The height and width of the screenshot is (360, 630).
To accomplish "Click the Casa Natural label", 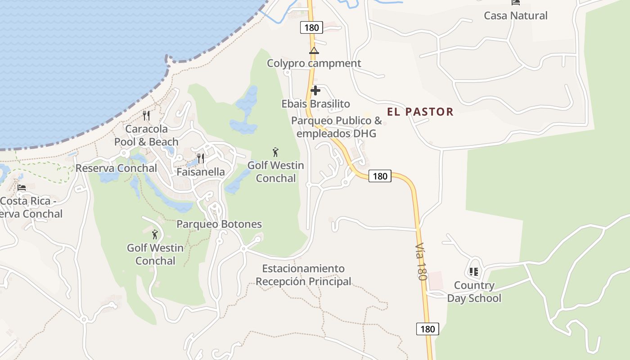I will point(515,16).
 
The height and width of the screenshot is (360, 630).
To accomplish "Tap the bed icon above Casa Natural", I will point(516,2).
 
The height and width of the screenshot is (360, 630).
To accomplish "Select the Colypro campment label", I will point(314,63).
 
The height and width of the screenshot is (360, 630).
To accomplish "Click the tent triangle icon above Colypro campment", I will point(314,50).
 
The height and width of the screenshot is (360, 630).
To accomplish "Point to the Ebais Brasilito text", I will point(315,104).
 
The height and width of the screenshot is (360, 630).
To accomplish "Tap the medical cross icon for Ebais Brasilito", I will point(315,90).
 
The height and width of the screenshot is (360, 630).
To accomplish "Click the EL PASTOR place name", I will point(420,112).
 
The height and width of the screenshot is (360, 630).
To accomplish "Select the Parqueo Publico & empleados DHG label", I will point(336,127).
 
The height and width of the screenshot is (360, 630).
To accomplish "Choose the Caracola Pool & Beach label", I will point(146,135).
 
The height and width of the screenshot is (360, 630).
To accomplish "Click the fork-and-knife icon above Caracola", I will point(146,116).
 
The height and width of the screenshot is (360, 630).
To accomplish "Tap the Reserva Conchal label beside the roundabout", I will point(116,168).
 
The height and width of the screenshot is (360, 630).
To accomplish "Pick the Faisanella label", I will point(200,172).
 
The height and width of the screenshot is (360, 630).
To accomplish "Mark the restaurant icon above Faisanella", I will point(201,158).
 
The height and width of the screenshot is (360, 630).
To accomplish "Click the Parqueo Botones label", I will point(219,224).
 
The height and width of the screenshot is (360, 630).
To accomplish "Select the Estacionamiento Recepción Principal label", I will point(303,275).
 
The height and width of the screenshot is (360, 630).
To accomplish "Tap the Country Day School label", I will point(474,292).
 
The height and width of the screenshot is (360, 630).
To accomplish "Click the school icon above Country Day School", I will point(473,272).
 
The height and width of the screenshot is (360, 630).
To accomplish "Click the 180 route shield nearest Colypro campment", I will point(311,28).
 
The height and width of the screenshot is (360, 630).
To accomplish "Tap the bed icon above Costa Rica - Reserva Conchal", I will point(22,187).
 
